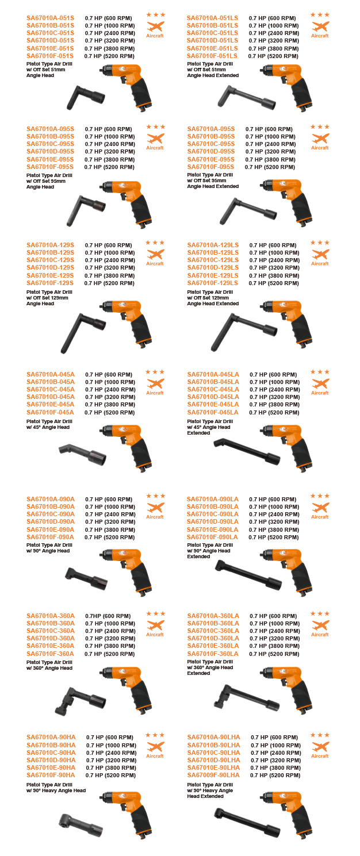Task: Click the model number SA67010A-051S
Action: [50, 18]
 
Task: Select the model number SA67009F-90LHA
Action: [213, 775]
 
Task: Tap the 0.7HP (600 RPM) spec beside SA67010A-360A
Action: [108, 616]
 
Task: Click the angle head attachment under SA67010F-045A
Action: [83, 453]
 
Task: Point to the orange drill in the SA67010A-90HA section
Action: [128, 813]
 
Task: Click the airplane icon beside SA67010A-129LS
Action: [320, 254]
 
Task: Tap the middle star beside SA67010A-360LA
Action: [320, 613]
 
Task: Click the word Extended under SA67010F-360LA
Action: [198, 673]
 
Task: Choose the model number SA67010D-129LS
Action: [213, 267]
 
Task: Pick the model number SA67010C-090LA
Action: [212, 514]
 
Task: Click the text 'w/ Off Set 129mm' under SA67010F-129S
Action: [47, 298]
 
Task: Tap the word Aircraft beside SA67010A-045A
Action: [155, 393]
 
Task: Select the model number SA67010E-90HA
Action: [51, 767]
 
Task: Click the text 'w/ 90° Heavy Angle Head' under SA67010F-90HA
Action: [56, 790]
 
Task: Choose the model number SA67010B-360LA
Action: [213, 623]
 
